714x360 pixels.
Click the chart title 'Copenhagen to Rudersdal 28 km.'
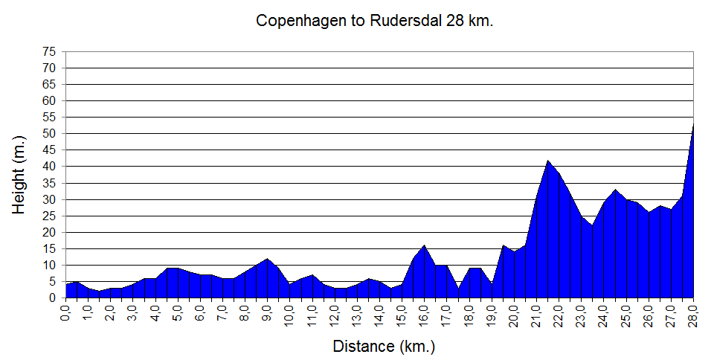pyautogui.click(x=375, y=21)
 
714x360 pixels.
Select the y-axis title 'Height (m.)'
pyautogui.click(x=19, y=175)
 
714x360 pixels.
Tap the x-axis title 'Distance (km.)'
pyautogui.click(x=383, y=346)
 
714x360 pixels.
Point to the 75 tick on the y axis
pyautogui.click(x=49, y=51)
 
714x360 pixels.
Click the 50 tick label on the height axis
pyautogui.click(x=49, y=133)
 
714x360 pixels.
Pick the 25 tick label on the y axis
pyautogui.click(x=49, y=216)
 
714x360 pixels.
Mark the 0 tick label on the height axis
pyautogui.click(x=52, y=298)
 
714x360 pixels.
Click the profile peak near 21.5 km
pyautogui.click(x=548, y=160)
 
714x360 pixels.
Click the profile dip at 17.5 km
pyautogui.click(x=458, y=288)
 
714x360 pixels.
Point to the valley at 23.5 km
pyautogui.click(x=593, y=225)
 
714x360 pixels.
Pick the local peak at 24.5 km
pyautogui.click(x=615, y=190)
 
